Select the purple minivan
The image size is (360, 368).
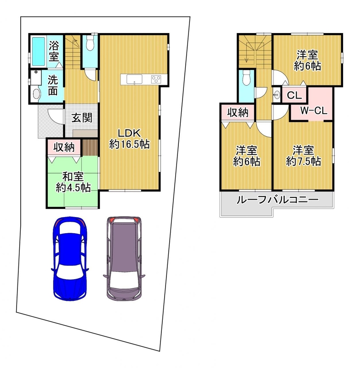(124, 259)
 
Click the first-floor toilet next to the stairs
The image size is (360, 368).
(90, 44)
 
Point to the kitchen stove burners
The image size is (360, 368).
(156, 79)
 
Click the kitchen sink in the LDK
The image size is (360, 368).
(134, 79)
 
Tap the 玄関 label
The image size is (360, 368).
(82, 118)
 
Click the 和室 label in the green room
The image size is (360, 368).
(73, 177)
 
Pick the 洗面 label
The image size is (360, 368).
(53, 86)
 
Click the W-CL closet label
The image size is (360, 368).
(314, 110)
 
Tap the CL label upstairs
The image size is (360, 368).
(294, 95)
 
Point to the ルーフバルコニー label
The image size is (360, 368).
(277, 200)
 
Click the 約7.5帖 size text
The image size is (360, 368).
(303, 161)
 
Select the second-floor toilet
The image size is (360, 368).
(246, 78)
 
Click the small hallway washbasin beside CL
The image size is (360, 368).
(277, 95)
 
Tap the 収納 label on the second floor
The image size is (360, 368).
(238, 113)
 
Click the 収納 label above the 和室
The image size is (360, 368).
(64, 147)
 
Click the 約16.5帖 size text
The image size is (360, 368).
(130, 144)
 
